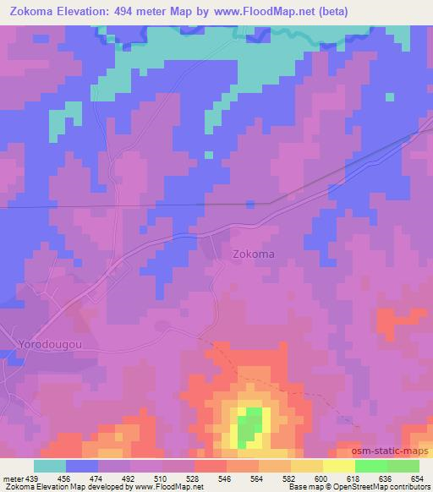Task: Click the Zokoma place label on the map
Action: click(253, 253)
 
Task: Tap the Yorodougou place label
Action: click(48, 344)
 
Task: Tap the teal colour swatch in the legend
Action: click(50, 466)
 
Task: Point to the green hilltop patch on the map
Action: click(248, 428)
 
